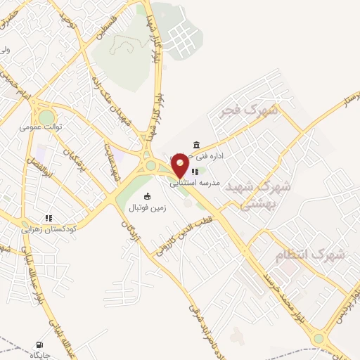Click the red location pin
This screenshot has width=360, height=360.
pyautogui.click(x=181, y=166)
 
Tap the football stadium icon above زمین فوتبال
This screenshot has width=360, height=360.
pyautogui.click(x=147, y=196)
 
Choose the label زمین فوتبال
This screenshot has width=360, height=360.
pyautogui.click(x=147, y=208)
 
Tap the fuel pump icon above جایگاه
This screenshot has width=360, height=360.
pyautogui.click(x=37, y=345)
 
